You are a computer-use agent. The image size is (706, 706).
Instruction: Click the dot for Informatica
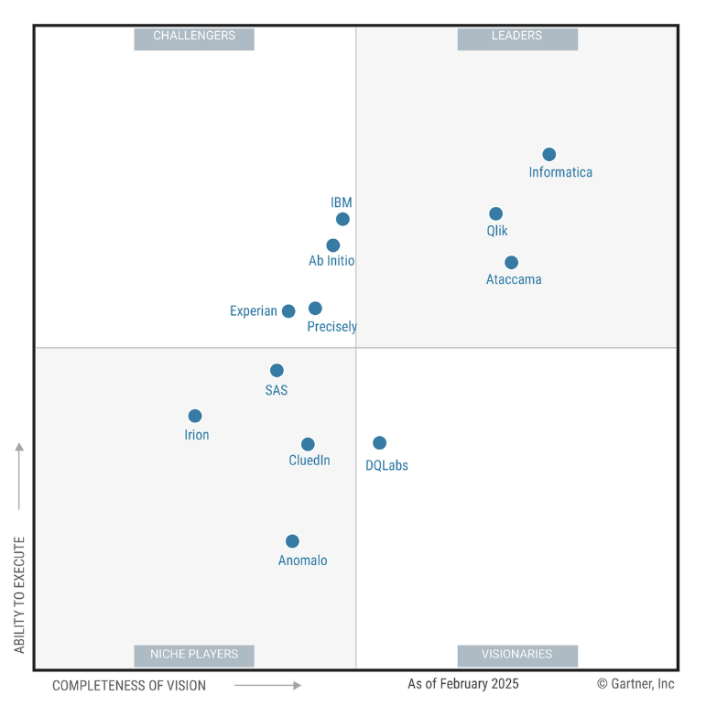[549, 155]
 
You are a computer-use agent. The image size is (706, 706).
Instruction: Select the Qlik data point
[495, 214]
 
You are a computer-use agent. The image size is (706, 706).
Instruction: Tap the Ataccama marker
[511, 263]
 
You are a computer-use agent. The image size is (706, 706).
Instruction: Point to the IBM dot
[342, 220]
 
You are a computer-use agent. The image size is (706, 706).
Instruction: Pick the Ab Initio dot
[333, 245]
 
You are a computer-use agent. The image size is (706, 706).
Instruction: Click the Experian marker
[288, 311]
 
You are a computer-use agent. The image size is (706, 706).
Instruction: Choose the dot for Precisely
[315, 309]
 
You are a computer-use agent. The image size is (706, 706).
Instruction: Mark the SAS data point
[277, 371]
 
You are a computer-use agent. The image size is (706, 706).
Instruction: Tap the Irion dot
[195, 417]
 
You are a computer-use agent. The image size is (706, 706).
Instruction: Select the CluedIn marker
[308, 444]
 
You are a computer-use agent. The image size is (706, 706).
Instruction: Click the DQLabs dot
[379, 443]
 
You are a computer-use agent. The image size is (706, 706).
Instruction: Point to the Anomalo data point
[292, 541]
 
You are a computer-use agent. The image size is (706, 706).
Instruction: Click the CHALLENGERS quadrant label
[194, 37]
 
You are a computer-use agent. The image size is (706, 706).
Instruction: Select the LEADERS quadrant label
[517, 37]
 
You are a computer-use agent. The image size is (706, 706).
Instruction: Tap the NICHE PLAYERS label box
[194, 655]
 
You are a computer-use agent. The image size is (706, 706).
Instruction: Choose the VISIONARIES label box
[517, 655]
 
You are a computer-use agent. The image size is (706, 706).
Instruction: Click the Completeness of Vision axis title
[129, 685]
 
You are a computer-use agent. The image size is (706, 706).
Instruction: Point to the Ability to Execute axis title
[20, 595]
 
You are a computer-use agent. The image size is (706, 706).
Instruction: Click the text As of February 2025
[463, 684]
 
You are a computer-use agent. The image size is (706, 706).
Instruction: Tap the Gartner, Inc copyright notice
[635, 684]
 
